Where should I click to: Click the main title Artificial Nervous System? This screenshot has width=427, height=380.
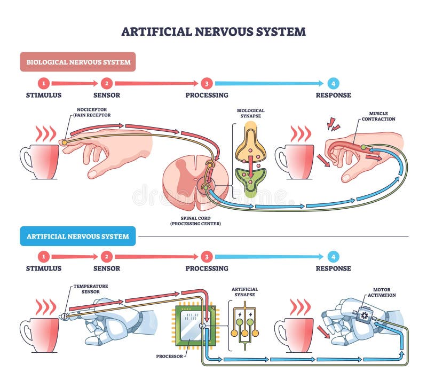pos(213,31)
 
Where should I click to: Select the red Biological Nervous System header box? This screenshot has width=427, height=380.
pos(78,62)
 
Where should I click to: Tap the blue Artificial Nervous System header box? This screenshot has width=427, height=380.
pos(78,236)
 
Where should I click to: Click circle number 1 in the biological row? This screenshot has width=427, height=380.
pos(44,83)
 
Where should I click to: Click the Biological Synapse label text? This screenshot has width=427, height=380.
pos(251,114)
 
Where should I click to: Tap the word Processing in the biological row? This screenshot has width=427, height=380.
pos(207,95)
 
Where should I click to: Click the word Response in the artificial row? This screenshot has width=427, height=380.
pos(333,268)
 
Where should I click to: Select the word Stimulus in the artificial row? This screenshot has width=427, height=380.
pos(44,268)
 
